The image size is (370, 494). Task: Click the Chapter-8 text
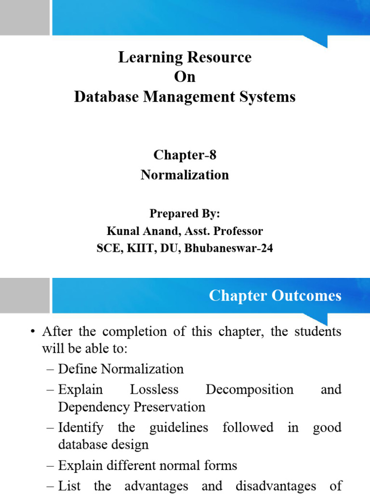[x=185, y=155]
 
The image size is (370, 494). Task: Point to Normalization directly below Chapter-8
[x=185, y=175]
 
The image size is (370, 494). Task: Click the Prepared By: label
[x=185, y=213]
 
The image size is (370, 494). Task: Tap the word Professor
[x=236, y=231]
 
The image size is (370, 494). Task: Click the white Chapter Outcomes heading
[x=275, y=295]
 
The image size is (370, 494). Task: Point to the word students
[x=318, y=332]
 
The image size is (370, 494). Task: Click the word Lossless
[x=154, y=389]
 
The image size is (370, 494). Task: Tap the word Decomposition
[x=249, y=389]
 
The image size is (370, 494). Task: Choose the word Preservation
[x=169, y=407]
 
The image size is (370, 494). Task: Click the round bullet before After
[x=33, y=332]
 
